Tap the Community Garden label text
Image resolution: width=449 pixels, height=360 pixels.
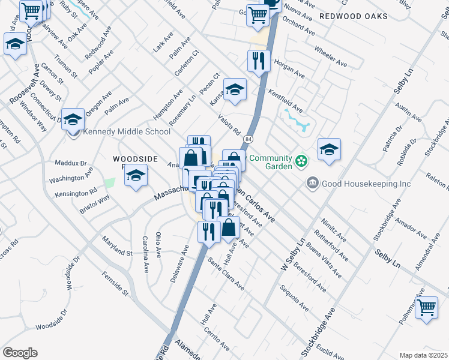[270, 159]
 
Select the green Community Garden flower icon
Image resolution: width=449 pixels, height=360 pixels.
[301, 160]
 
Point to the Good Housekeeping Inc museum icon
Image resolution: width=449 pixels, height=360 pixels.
[312, 182]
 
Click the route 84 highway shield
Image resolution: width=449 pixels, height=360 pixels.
[247, 139]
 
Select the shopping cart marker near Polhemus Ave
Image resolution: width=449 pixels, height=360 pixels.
[426, 308]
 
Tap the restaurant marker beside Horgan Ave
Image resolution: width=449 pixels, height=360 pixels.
[259, 61]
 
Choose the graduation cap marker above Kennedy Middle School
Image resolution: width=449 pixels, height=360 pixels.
[73, 118]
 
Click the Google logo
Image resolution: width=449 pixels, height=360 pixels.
[20, 352]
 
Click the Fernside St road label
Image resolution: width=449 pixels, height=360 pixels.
[116, 283]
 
